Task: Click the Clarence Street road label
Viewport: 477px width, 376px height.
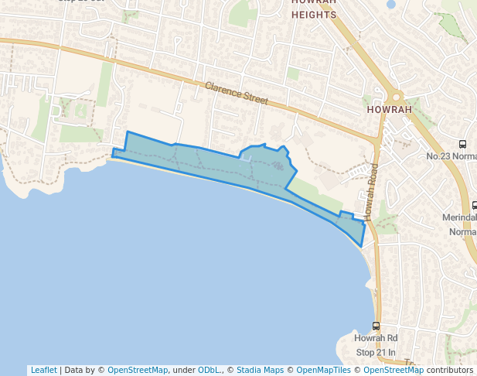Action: pos(237,94)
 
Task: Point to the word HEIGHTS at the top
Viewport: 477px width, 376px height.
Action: pos(314,15)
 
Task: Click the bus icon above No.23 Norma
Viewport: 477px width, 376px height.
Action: pos(462,144)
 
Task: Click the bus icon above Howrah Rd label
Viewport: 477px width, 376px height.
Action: pos(376,326)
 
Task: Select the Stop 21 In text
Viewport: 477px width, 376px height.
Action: pos(376,352)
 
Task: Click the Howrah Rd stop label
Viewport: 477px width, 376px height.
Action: pos(376,339)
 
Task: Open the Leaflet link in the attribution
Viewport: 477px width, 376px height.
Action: pos(43,370)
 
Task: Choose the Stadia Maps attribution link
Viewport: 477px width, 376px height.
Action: pos(260,370)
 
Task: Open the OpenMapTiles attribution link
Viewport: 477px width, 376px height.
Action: pos(322,370)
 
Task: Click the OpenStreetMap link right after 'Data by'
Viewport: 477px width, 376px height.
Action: pos(138,370)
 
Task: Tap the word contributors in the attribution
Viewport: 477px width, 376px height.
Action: pos(449,370)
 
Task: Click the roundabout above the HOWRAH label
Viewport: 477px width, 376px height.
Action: pos(397,97)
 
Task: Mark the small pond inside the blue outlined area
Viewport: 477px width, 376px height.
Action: pos(247,157)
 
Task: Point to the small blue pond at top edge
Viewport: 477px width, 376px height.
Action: pos(390,4)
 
